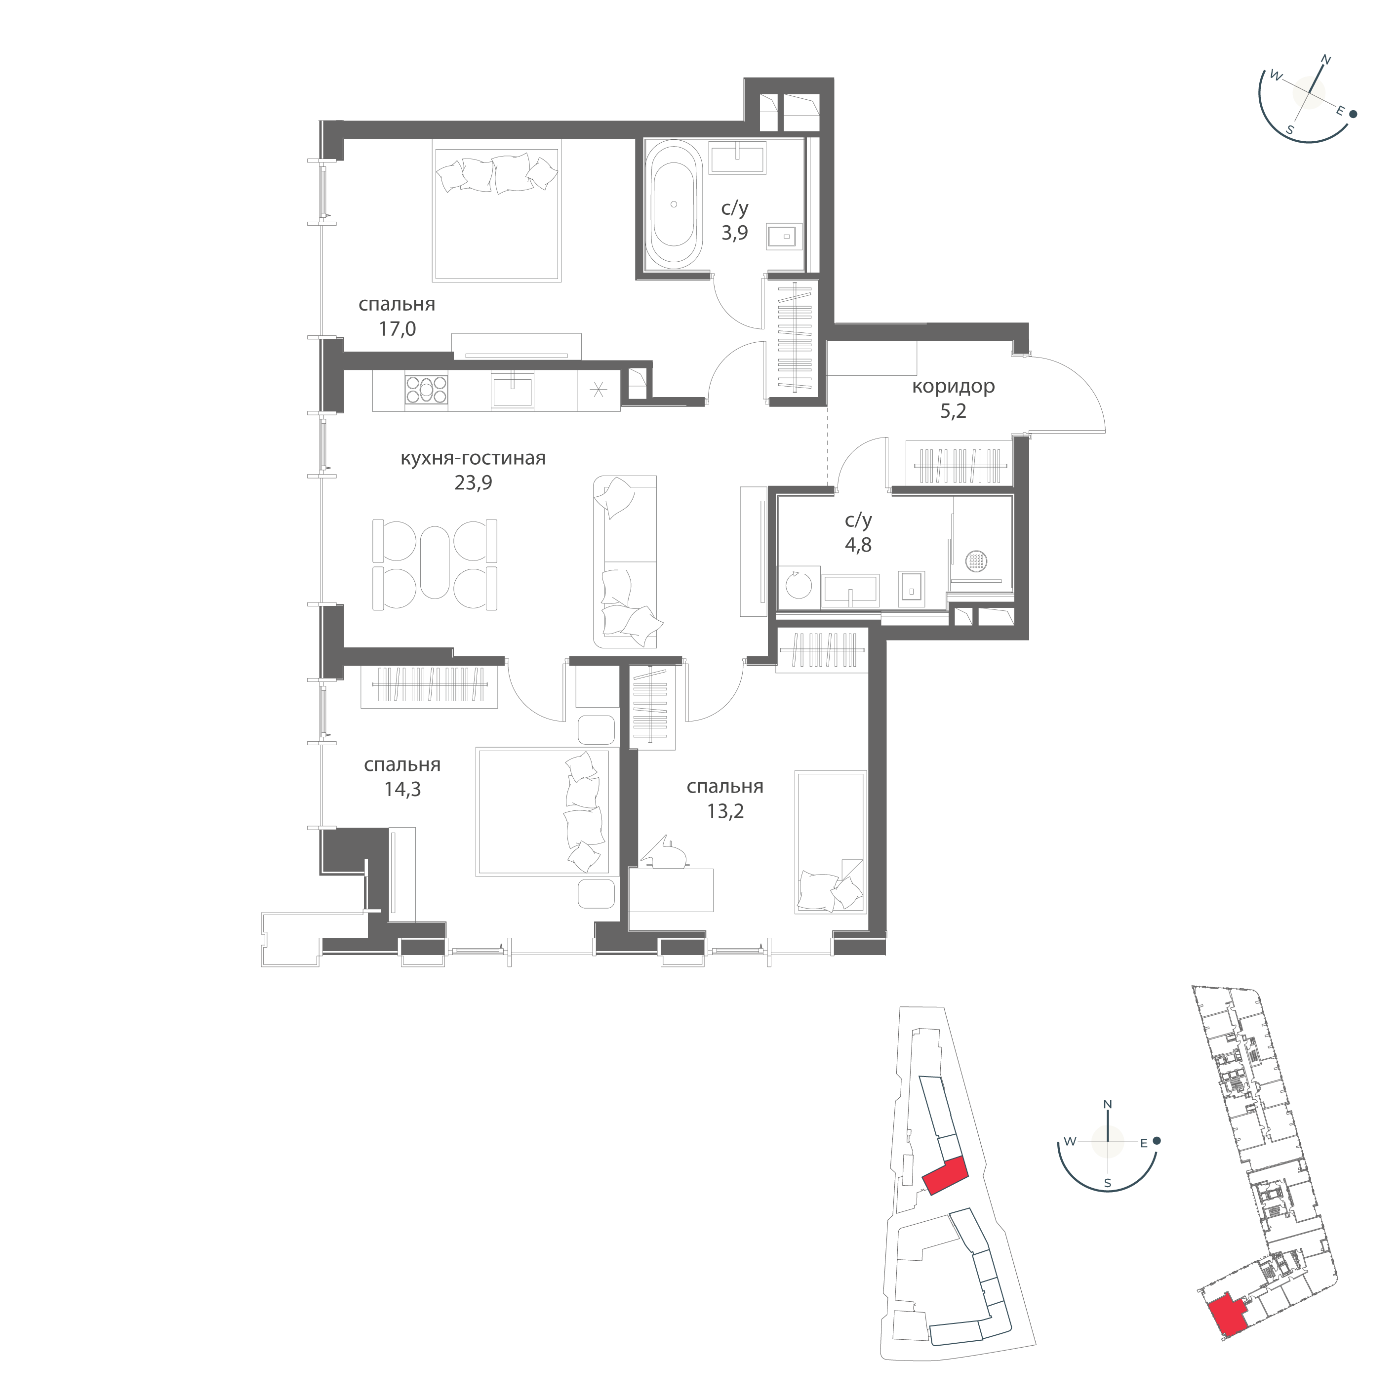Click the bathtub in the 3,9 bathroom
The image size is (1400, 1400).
[674, 204]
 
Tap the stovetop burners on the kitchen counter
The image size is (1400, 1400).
[427, 389]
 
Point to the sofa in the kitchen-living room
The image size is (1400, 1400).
[625, 561]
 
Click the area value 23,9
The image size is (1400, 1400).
[473, 482]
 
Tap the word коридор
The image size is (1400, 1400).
[953, 386]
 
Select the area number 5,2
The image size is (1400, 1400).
[953, 411]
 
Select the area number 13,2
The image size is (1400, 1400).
[725, 811]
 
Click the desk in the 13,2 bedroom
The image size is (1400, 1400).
[671, 890]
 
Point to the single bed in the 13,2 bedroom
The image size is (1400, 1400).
[831, 841]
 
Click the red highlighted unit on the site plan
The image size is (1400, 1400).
[946, 1176]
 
